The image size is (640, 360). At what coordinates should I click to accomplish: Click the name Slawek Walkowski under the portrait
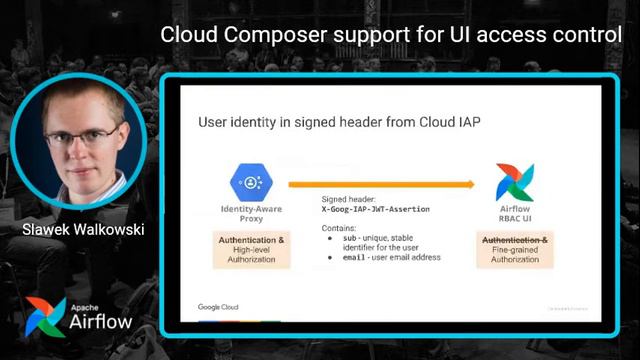coord(85,230)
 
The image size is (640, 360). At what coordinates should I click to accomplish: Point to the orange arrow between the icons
coord(380,183)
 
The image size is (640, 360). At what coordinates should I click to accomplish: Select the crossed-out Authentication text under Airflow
coord(515,241)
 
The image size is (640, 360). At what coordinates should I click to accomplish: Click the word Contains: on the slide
coord(337,228)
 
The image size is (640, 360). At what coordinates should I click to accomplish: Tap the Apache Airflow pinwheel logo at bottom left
coord(44,317)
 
